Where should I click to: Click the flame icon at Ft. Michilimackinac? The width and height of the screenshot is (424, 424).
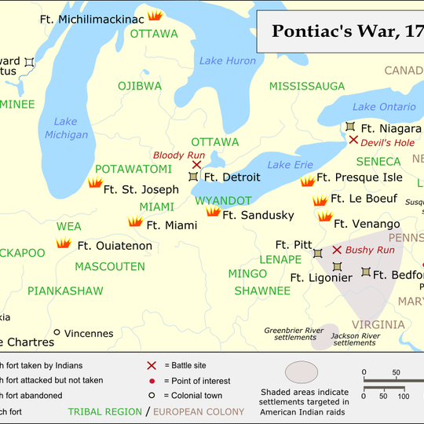155,15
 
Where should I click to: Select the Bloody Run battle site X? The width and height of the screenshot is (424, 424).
196,165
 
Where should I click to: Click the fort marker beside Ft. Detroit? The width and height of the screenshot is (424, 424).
193,177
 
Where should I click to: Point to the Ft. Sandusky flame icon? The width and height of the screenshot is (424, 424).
213,211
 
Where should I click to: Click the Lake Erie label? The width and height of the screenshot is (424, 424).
290,164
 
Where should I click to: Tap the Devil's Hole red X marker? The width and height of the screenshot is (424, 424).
353,140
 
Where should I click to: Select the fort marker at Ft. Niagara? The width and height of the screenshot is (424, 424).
349,126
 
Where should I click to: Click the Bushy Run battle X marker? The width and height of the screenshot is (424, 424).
337,250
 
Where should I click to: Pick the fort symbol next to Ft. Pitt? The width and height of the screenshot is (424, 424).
317,253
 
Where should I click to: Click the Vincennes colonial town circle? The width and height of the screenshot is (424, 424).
57,332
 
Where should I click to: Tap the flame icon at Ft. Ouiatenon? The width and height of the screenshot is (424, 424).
64,244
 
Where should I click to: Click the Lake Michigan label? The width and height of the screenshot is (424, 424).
67,128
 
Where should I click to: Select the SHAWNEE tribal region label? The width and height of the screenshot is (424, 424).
262,291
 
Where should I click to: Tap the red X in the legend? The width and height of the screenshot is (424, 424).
152,365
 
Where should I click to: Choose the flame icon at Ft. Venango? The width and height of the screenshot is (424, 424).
324,216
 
